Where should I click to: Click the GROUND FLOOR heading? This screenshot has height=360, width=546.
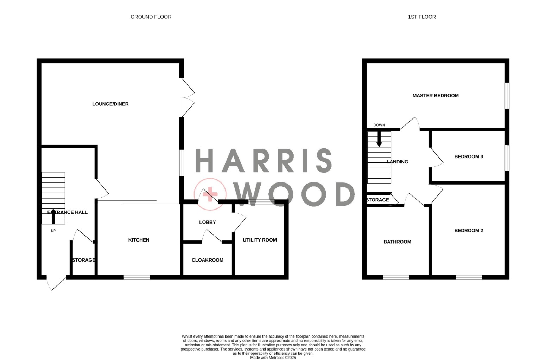151,17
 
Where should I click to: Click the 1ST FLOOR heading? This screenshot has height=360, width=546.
422,17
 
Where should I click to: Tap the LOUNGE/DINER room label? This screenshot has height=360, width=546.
110,104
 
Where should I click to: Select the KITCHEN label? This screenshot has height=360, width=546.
139,240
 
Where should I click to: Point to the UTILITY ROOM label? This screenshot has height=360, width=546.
260,240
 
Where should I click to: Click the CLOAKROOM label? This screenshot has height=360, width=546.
208,260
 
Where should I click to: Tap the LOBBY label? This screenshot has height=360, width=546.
208,222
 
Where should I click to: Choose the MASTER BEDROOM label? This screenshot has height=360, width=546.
436,96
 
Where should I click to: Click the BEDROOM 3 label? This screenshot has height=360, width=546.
469,156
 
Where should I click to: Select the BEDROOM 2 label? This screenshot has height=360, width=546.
469,230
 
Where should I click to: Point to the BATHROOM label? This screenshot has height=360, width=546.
397,242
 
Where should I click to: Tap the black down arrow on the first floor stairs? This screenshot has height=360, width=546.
379,139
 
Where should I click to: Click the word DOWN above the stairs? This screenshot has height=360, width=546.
379,125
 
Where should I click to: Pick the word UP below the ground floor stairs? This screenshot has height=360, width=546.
53,231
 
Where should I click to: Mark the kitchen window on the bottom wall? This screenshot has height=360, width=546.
137,277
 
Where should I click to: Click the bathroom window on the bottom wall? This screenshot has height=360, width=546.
396,277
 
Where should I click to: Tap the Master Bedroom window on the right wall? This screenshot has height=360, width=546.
507,96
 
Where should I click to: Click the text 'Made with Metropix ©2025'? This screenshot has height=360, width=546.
273,358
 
